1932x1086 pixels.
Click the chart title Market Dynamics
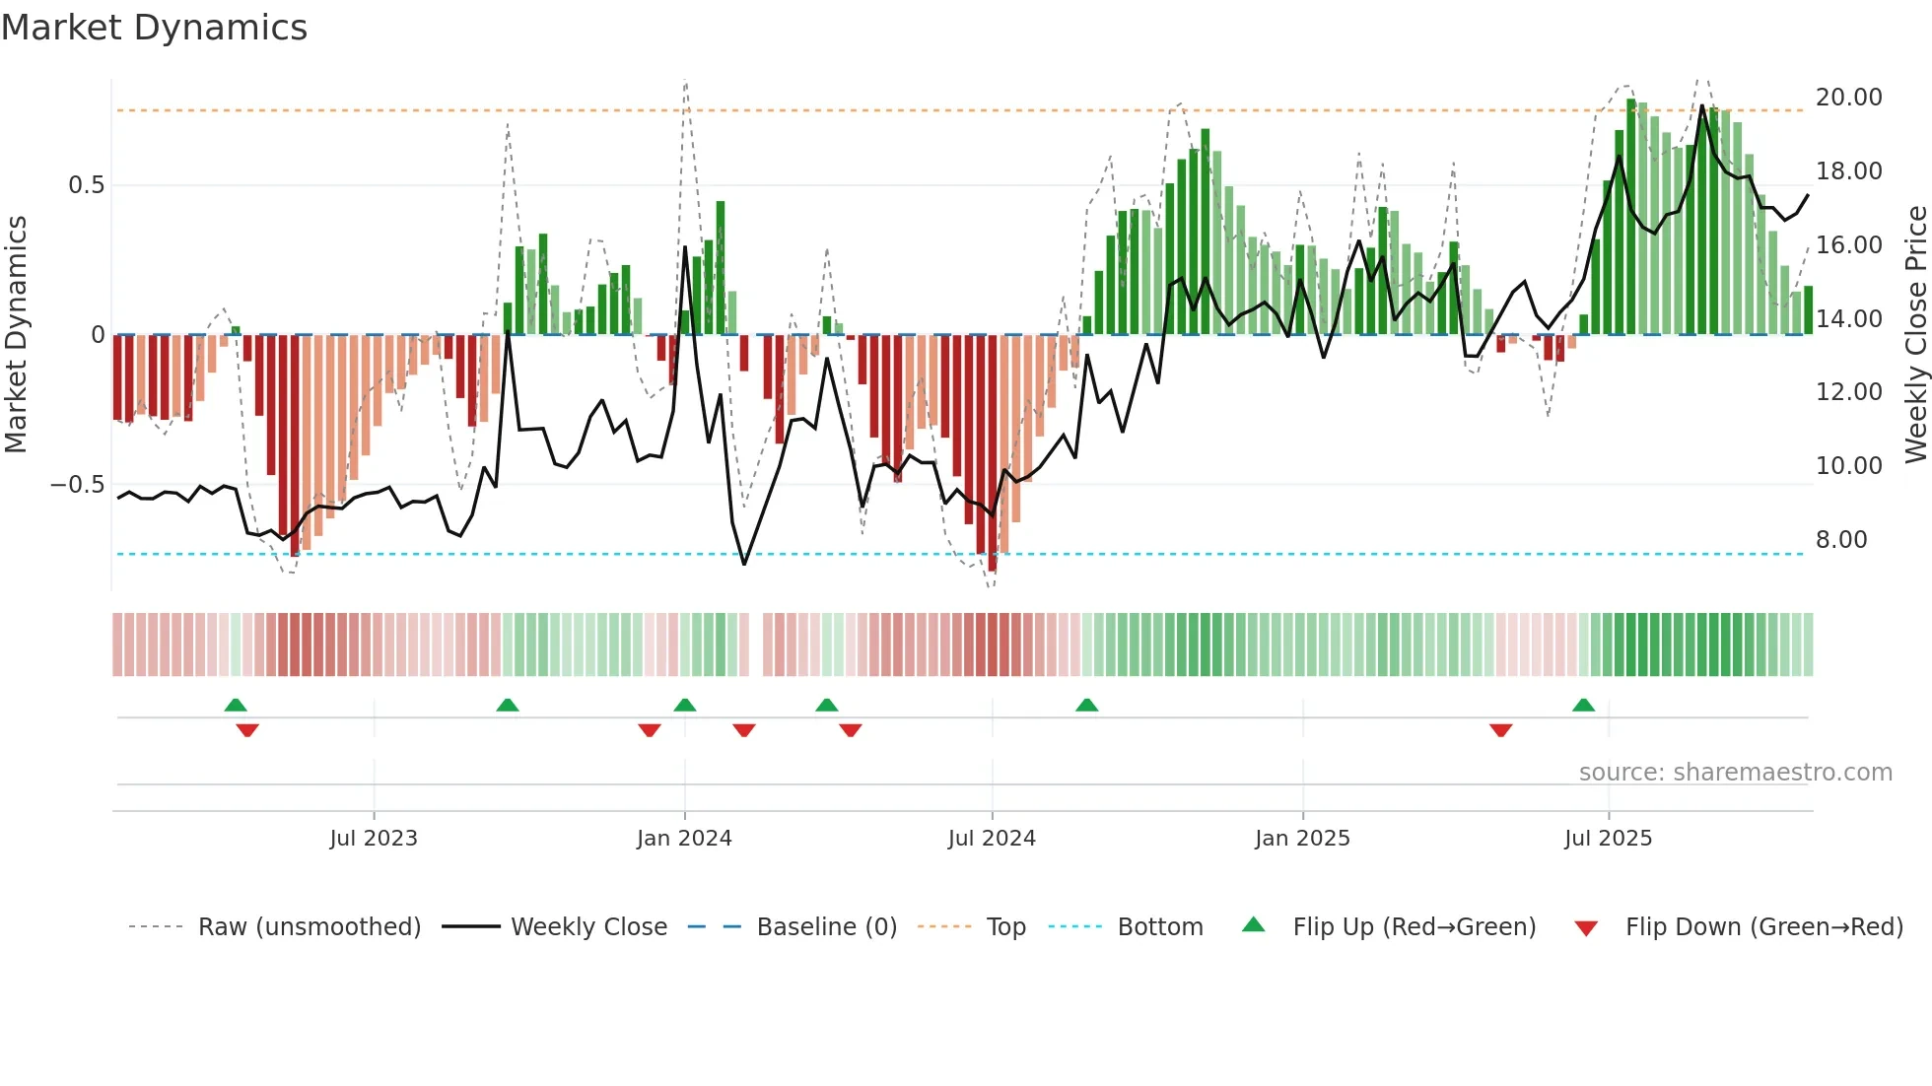tap(154, 28)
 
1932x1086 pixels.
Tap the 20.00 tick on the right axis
tap(1848, 98)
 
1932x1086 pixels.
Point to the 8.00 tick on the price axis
tap(1840, 540)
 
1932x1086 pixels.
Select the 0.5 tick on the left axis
tap(86, 185)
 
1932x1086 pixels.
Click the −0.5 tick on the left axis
tap(77, 485)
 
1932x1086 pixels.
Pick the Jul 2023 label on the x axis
tap(374, 839)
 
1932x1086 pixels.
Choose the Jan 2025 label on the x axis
tap(1302, 839)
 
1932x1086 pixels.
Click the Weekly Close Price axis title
tap(1915, 334)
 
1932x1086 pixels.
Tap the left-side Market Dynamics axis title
tap(16, 334)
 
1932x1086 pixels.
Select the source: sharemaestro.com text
tap(1735, 773)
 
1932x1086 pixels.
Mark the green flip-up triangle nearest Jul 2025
tap(1583, 706)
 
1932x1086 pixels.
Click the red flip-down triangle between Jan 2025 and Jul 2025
tap(1500, 730)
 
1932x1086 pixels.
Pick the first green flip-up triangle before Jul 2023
tap(236, 706)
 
